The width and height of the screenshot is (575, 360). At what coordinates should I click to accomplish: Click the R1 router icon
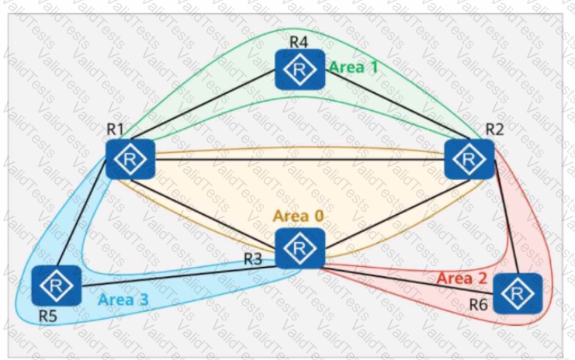(131, 158)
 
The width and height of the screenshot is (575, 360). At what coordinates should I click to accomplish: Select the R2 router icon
(469, 158)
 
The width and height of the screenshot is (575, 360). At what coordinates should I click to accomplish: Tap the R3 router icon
(299, 248)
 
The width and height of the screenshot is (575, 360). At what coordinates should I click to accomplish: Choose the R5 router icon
(57, 285)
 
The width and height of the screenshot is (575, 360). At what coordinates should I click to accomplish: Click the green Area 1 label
(353, 67)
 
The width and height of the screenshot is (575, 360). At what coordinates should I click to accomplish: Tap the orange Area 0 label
(299, 216)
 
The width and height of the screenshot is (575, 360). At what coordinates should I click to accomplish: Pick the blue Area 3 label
(123, 298)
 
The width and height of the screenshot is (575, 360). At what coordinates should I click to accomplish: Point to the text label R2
(494, 128)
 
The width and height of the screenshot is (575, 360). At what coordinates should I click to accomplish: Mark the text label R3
(254, 259)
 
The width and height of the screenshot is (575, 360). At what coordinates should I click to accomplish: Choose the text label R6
(479, 305)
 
